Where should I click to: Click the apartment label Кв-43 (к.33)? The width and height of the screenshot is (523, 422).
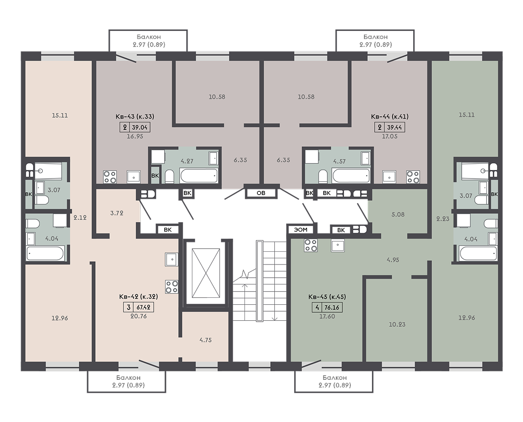[135, 117]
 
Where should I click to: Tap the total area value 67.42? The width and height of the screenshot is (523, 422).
[144, 307]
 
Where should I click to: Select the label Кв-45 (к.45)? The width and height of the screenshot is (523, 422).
[327, 297]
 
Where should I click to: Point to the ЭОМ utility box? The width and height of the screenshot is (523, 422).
[301, 230]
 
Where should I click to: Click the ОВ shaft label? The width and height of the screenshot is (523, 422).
[261, 193]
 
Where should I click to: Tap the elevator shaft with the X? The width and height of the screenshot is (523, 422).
[206, 273]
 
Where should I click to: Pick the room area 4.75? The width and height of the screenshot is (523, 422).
[205, 340]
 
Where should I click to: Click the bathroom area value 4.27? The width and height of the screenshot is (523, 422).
[187, 161]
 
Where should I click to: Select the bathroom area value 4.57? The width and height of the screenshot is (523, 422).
[339, 161]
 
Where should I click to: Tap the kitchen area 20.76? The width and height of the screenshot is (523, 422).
[138, 316]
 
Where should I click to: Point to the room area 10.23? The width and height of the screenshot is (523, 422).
[397, 324]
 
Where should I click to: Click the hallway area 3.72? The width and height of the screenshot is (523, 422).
[117, 213]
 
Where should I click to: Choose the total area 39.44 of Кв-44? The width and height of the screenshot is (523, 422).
[394, 128]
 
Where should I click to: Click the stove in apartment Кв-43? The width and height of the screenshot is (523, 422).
[110, 177]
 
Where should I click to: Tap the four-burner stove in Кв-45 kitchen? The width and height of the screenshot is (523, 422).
[311, 246]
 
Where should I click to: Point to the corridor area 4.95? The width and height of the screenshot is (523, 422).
[393, 260]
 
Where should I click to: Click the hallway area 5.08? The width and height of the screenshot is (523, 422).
[398, 215]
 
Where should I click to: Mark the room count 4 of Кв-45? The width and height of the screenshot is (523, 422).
[317, 307]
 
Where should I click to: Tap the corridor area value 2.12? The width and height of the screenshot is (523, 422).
[80, 218]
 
